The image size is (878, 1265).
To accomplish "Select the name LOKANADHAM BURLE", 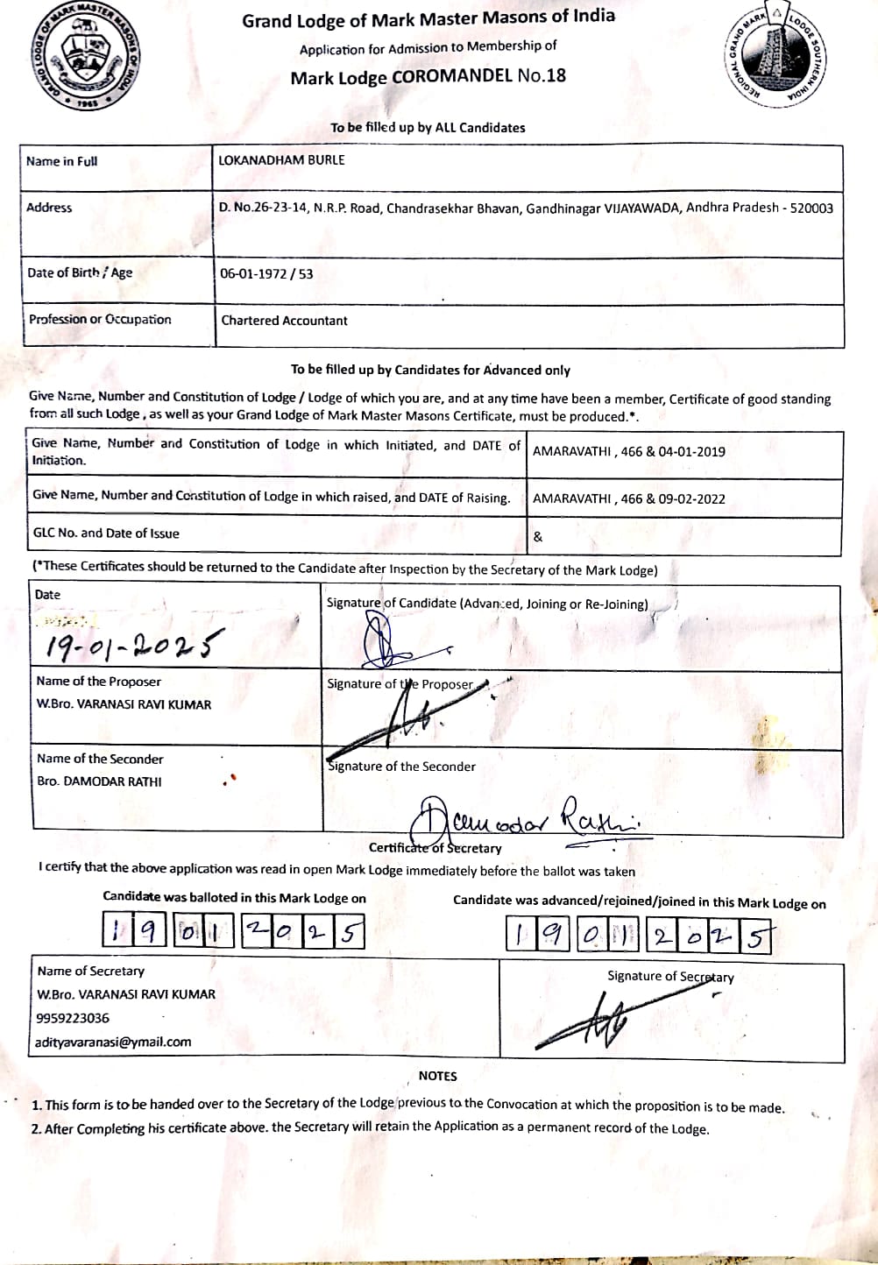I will pos(281,160).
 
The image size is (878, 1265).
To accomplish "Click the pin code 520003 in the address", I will pos(811,208).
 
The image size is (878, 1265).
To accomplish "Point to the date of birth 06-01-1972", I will pos(253,273).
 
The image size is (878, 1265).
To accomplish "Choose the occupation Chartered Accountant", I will pos(284,321).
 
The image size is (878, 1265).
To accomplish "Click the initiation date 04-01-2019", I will pos(691,452).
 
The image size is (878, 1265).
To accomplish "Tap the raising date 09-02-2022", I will pos(691,499).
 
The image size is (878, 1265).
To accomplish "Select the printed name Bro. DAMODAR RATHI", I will pos(99,781).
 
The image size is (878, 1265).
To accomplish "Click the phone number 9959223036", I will pos(73,1018).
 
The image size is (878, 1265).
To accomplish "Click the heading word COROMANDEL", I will pos(451,76).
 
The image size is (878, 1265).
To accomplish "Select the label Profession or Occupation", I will pos(100,320).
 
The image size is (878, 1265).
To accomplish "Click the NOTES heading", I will pos(437,1076).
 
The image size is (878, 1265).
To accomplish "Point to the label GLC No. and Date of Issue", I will pos(106,534).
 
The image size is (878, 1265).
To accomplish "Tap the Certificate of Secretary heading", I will pos(435,848).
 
